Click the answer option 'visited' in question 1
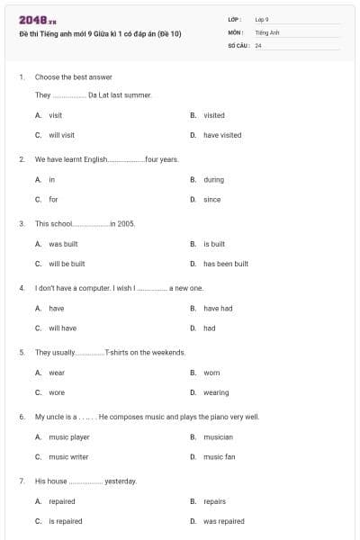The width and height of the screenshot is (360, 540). point(213,115)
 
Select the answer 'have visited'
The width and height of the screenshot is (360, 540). point(221,135)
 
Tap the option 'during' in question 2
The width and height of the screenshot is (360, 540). point(213,179)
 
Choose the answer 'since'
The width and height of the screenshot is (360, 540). point(211,199)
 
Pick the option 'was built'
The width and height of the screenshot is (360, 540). point(63,244)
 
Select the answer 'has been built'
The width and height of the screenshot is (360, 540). point(225,264)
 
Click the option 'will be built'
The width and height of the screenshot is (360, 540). point(67,264)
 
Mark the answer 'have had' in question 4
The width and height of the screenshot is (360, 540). point(217,308)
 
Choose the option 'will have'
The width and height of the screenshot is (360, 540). point(62,328)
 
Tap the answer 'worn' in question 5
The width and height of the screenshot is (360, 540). point(211,373)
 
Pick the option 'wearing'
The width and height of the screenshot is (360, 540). point(216,392)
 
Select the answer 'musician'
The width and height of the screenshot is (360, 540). point(218,436)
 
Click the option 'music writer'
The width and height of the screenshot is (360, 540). point(68,456)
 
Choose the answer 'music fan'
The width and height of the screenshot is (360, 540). point(219,456)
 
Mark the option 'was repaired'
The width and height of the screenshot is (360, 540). point(223,521)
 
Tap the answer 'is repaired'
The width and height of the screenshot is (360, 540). point(65,521)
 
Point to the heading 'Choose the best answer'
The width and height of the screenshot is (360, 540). point(66,77)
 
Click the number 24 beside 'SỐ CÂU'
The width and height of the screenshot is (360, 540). point(258,45)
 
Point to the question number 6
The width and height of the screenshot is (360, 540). point(22,417)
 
